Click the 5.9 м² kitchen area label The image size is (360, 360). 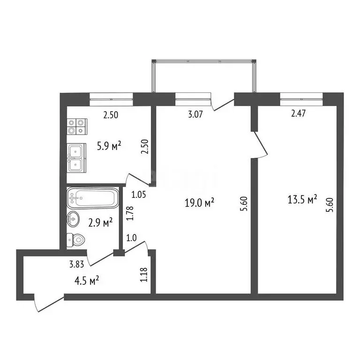tap(109, 146)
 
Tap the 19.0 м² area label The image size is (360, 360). tap(200, 202)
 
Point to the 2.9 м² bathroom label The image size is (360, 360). tap(100, 222)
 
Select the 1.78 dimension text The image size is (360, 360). tap(131, 213)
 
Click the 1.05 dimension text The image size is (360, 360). tap(139, 194)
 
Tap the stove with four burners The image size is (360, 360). tap(77, 127)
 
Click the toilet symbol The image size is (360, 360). tap(75, 240)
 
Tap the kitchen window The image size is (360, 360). tap(112, 97)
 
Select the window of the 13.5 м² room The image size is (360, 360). tap(302, 97)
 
